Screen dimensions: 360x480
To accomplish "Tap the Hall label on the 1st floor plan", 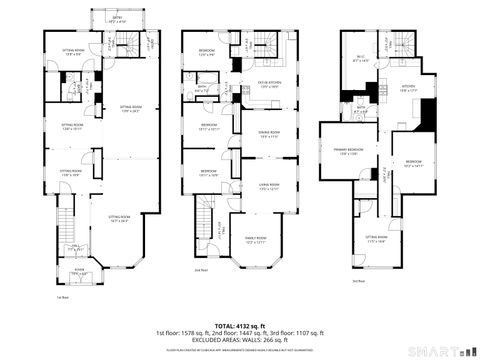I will point(75,245).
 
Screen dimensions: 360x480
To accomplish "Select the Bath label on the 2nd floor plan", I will point(201,88).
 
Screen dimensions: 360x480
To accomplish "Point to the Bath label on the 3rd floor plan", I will point(361,111).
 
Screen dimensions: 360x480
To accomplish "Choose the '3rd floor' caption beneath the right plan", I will point(357,282).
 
